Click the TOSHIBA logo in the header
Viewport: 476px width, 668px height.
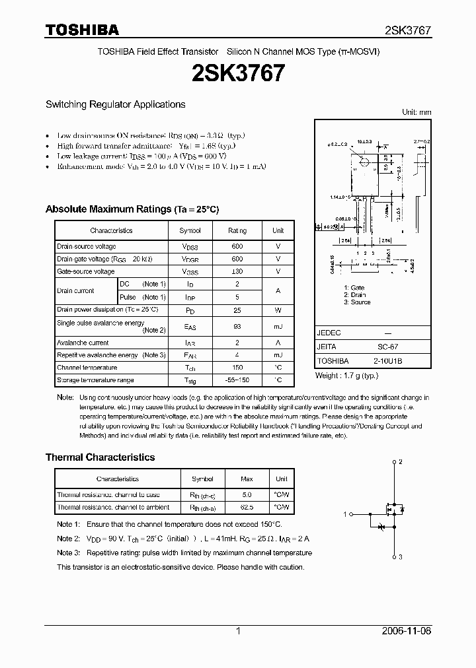click(x=82, y=30)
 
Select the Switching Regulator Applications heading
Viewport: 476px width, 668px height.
click(x=115, y=104)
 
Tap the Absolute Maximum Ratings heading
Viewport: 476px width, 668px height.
click(x=132, y=209)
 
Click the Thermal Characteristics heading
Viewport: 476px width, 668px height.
click(x=100, y=457)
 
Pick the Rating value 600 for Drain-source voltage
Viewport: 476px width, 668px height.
click(x=237, y=247)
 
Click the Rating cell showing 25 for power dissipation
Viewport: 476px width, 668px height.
click(x=237, y=310)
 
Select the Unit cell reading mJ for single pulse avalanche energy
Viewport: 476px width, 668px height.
click(x=278, y=326)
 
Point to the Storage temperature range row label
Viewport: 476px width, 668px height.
click(x=95, y=380)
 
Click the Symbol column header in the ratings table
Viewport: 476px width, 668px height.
click(x=190, y=230)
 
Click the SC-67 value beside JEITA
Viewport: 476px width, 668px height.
click(x=387, y=347)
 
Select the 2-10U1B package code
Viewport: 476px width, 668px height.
click(x=387, y=361)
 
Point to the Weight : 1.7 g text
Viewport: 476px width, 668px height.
click(x=346, y=376)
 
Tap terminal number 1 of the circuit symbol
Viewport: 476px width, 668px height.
click(x=344, y=514)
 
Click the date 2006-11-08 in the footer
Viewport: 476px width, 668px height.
click(x=406, y=631)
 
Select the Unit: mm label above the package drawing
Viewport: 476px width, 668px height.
click(x=416, y=113)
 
